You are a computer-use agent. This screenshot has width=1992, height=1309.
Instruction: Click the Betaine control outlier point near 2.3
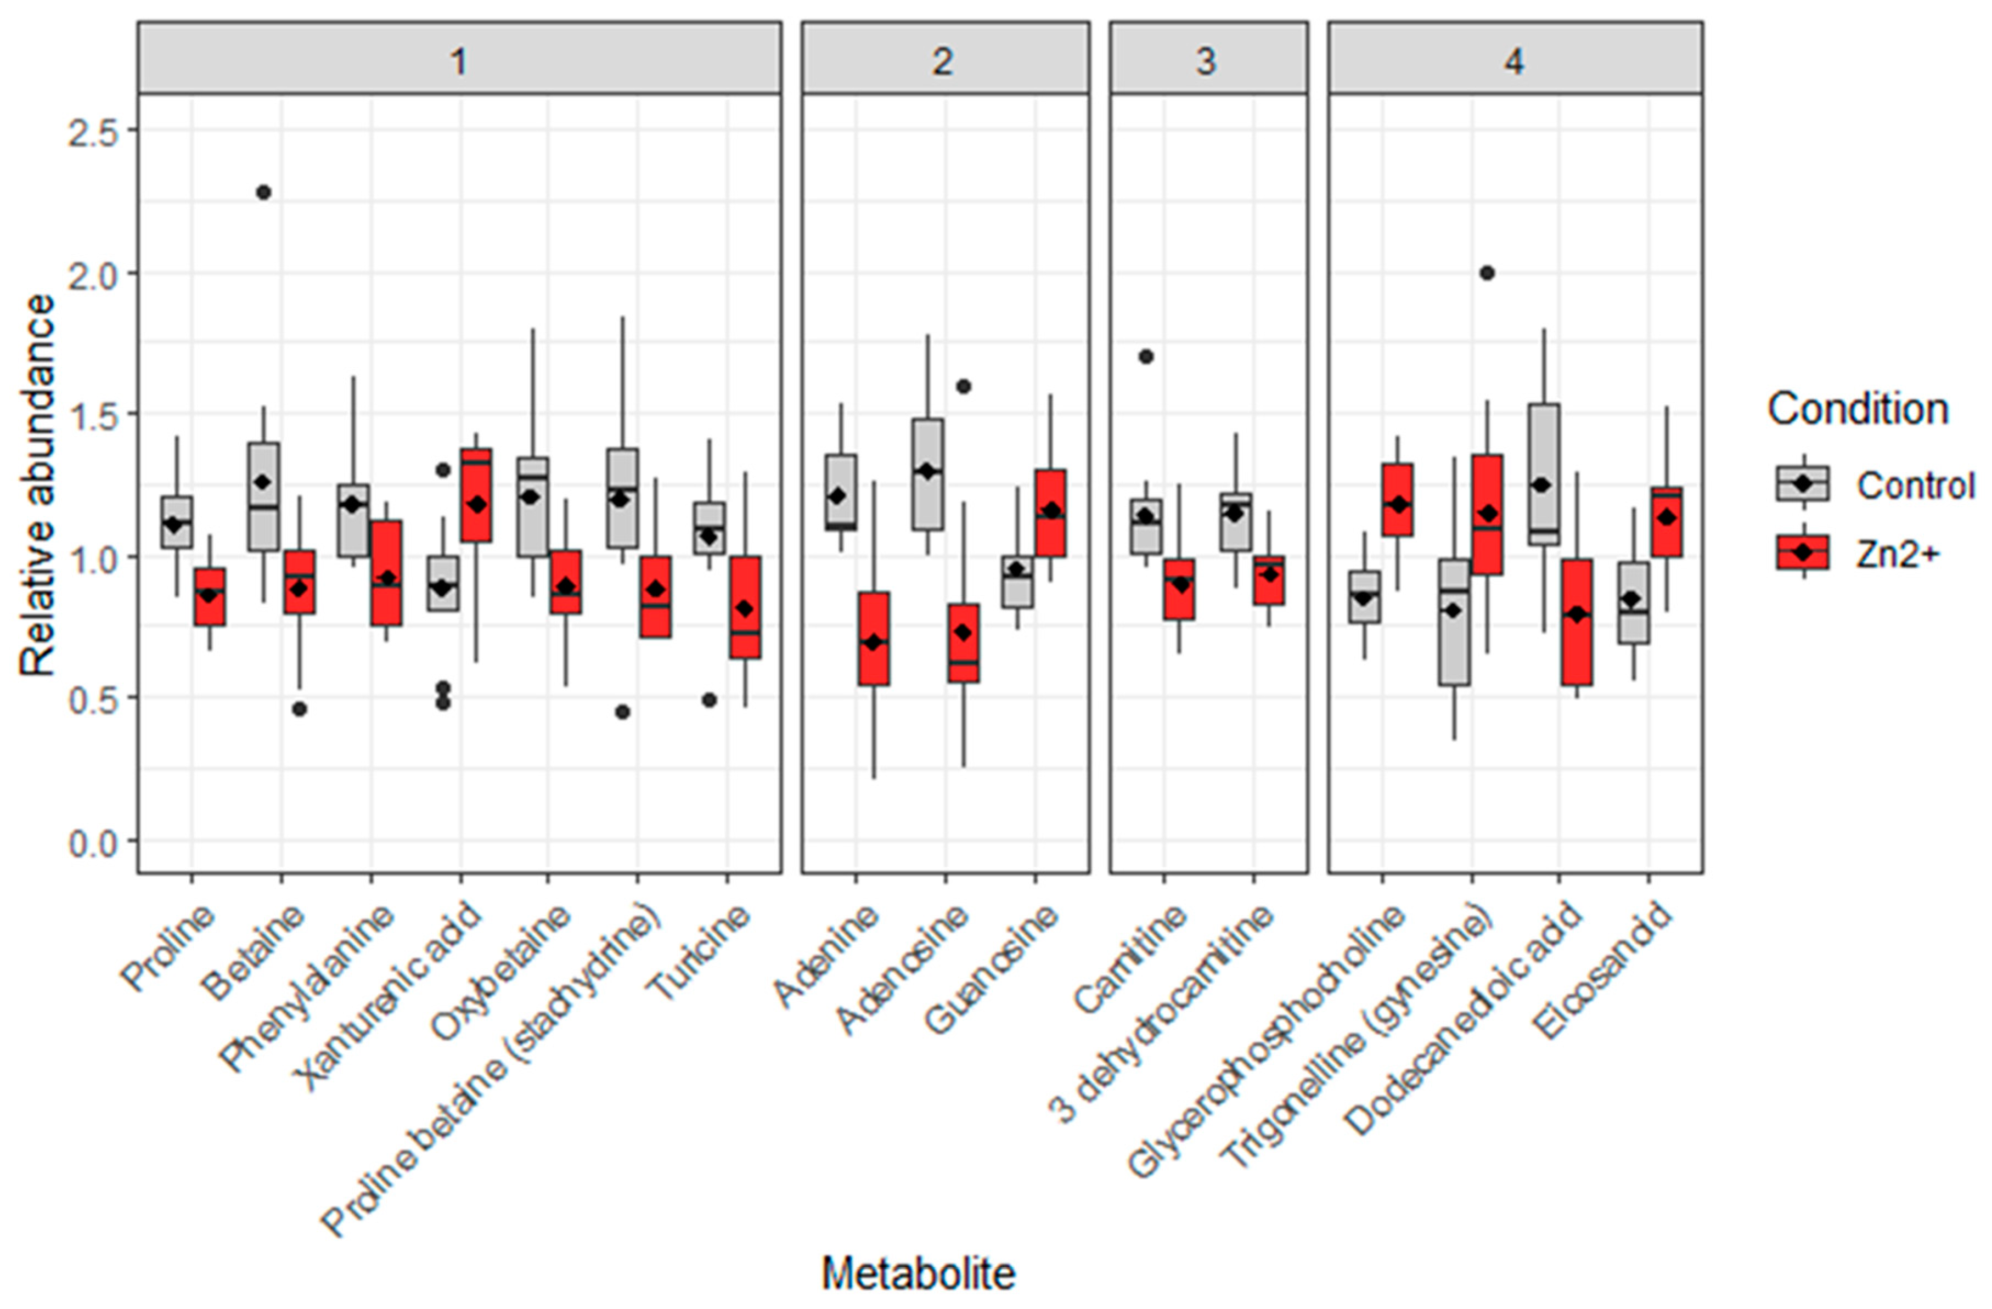tap(263, 193)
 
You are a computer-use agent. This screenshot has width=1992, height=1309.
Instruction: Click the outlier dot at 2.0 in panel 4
tap(1487, 273)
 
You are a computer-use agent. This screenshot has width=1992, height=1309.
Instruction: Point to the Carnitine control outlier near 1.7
tap(1147, 357)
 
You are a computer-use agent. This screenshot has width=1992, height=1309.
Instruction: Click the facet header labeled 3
tap(1208, 61)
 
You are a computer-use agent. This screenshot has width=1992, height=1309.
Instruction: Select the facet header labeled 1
tap(459, 61)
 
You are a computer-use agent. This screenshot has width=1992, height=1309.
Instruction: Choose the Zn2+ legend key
tap(1803, 552)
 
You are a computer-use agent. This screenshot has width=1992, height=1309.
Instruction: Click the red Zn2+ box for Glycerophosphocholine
tap(1398, 500)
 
